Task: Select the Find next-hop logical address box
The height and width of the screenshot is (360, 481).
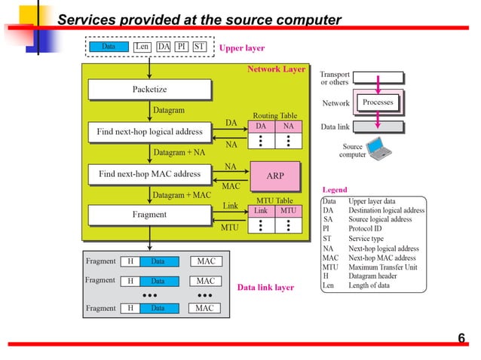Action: (149, 132)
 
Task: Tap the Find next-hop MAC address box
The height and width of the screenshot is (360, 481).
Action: (149, 174)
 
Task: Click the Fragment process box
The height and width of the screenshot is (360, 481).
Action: (149, 215)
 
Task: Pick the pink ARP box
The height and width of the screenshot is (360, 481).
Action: (275, 175)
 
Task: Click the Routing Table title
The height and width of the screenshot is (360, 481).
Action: (274, 116)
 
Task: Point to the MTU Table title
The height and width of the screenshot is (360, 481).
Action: (274, 200)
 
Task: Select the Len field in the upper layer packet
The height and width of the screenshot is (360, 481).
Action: (142, 47)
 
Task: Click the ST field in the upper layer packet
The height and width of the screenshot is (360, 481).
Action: (198, 47)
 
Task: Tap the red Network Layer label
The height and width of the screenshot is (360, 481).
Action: (276, 69)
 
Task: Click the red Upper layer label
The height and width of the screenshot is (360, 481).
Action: (241, 47)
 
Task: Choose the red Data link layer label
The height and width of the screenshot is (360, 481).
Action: (265, 288)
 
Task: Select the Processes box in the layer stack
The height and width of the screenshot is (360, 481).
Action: (378, 102)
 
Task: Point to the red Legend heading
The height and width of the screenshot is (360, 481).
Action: (335, 190)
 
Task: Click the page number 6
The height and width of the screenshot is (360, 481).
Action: (461, 337)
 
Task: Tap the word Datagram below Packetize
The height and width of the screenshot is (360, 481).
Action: (169, 110)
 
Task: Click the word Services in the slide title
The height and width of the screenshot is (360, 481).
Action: (86, 20)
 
